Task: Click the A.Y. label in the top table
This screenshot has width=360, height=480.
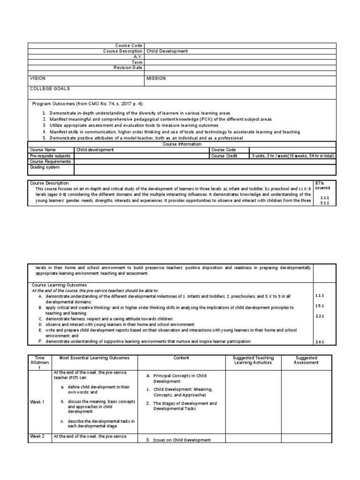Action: pyautogui.click(x=136, y=57)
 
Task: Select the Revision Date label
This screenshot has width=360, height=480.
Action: pyautogui.click(x=128, y=67)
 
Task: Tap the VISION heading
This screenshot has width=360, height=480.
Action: pyautogui.click(x=38, y=79)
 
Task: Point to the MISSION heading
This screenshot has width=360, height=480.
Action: pyautogui.click(x=156, y=79)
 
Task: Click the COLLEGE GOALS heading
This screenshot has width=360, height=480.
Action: pyautogui.click(x=50, y=89)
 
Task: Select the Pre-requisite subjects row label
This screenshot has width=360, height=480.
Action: pyautogui.click(x=50, y=156)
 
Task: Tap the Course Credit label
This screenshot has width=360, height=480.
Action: pyautogui.click(x=225, y=156)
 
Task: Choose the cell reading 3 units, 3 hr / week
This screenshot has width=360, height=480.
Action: pyautogui.click(x=292, y=156)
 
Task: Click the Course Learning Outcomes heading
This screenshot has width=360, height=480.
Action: pyautogui.click(x=59, y=285)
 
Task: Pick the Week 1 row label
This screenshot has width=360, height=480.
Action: pyautogui.click(x=37, y=402)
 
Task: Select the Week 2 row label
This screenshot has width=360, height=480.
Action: pyautogui.click(x=37, y=436)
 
